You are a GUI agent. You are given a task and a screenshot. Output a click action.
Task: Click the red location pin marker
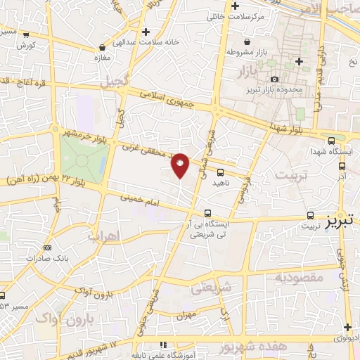(181, 165)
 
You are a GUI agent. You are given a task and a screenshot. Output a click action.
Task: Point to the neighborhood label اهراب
(103, 236)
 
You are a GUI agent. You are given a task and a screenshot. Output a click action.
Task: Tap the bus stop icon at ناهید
(221, 172)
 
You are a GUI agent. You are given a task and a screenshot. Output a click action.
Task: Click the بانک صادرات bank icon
(47, 247)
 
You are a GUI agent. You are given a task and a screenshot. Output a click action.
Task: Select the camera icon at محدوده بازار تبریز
(275, 79)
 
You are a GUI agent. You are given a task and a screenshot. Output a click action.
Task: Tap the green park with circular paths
(82, 159)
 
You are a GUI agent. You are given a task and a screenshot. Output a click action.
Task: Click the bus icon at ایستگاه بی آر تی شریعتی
(207, 212)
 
